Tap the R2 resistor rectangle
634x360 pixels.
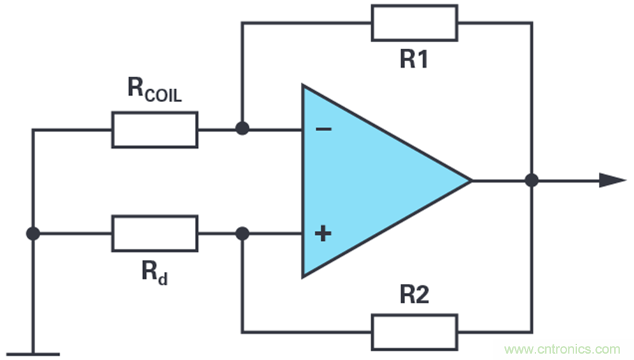[x=414, y=332]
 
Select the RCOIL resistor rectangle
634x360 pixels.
[x=154, y=130]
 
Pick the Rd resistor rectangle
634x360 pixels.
[x=154, y=234]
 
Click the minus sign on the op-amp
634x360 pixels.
[x=322, y=130]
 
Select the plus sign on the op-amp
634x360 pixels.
[x=322, y=234]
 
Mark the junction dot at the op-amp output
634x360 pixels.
[x=532, y=181]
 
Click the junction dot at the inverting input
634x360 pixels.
[x=242, y=130]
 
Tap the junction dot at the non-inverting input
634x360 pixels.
[x=242, y=234]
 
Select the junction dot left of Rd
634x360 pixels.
[x=32, y=234]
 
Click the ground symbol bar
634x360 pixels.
[x=32, y=354]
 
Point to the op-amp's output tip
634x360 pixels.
[x=470, y=181]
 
